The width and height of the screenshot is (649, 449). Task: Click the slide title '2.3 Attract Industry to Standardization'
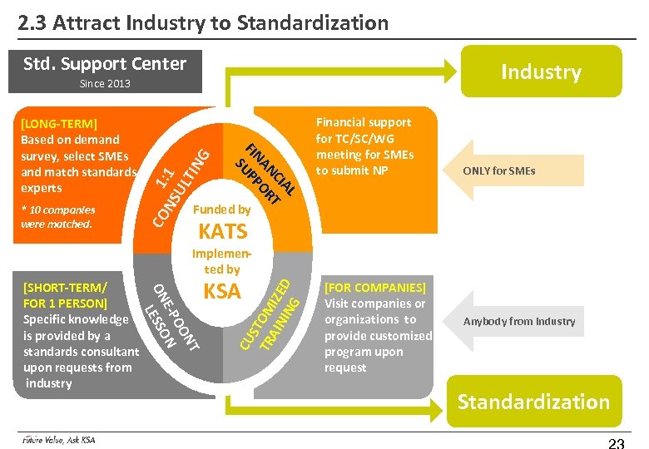click(204, 22)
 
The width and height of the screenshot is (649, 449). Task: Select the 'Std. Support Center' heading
click(105, 64)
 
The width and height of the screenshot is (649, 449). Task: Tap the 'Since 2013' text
click(105, 84)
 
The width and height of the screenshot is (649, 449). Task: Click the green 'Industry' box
click(540, 72)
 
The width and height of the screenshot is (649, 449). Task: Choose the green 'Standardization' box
click(533, 402)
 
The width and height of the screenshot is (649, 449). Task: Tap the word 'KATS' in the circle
click(222, 231)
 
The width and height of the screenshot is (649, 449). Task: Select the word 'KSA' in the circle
click(222, 291)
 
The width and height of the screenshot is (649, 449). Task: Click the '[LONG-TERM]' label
click(59, 124)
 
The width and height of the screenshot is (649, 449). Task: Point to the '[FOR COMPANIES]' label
click(374, 288)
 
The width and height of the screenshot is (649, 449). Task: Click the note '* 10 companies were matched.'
click(57, 217)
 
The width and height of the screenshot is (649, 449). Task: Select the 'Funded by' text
click(220, 210)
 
